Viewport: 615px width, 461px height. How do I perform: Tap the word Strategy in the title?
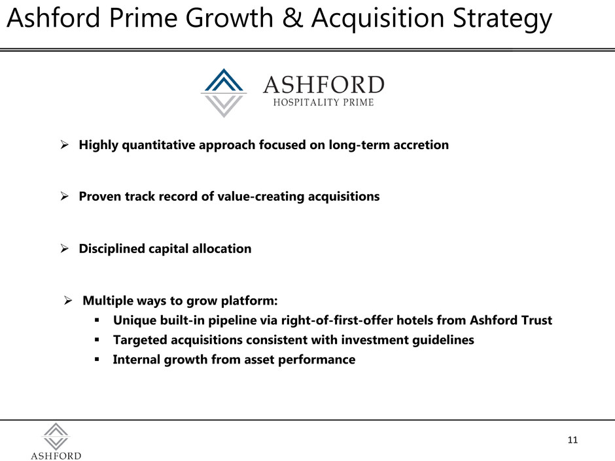point(502,20)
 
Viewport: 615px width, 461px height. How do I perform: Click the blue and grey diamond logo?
point(224,93)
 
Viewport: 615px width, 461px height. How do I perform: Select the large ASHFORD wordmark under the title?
point(324,84)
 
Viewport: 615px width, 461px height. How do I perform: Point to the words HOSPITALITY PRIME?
point(324,102)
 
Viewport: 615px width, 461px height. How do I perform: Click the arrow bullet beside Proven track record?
point(65,196)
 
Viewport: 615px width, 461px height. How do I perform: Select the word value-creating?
point(260,196)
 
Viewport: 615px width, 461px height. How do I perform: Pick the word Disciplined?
point(112,248)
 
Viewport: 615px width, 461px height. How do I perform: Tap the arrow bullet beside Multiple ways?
point(68,301)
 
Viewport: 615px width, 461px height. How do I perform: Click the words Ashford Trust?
point(511,320)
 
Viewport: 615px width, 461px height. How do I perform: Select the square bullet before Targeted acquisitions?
point(97,340)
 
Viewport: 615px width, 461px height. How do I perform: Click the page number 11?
point(572,440)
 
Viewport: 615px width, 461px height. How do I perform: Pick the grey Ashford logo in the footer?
point(56,441)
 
